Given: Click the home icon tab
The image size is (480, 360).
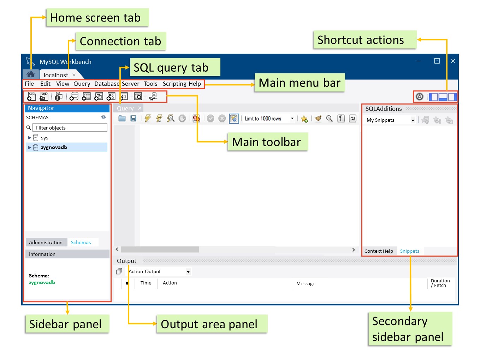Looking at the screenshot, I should pos(31,74).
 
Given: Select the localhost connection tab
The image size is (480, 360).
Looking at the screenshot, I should pos(56,75).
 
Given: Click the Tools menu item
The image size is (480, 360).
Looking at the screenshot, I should pos(150,84).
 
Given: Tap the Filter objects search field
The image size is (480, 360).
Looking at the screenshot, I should pos(70,128).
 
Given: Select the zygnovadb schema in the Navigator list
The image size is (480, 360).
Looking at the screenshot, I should pos(54,147).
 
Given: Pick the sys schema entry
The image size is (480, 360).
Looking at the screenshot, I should pos(45,138).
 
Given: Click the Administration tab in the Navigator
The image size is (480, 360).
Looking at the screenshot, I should pos(46,242).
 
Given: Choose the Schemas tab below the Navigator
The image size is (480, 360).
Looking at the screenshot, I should pos(81,242).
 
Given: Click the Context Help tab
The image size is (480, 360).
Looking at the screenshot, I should pos(379,251).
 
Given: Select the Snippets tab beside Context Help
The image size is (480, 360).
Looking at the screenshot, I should pos(409,251).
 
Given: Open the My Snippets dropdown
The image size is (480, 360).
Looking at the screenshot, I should pos(390,120).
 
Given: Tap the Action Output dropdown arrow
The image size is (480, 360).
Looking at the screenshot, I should pos(188,272).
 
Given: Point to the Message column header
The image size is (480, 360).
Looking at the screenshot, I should pos(306,283).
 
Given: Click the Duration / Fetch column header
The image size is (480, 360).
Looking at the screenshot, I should pos(440,283).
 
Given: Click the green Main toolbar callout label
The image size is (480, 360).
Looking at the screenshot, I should pos(267,142).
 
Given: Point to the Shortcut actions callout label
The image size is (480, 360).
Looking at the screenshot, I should pos(361,40).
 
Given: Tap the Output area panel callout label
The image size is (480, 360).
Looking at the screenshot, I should pos(209,324).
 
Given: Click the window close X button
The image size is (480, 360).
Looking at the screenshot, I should pos(453,61).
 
